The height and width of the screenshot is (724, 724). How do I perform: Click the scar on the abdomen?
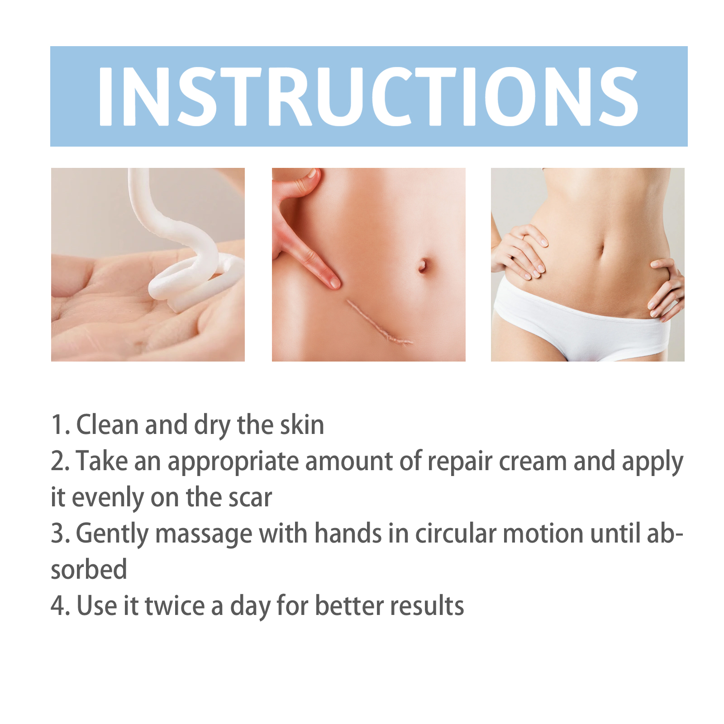click(379, 323)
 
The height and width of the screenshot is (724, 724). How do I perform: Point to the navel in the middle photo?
click(423, 265)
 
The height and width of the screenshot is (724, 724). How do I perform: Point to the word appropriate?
click(233, 463)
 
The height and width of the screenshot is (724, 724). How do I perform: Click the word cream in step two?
click(533, 462)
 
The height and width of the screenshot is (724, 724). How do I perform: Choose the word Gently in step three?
click(112, 534)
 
